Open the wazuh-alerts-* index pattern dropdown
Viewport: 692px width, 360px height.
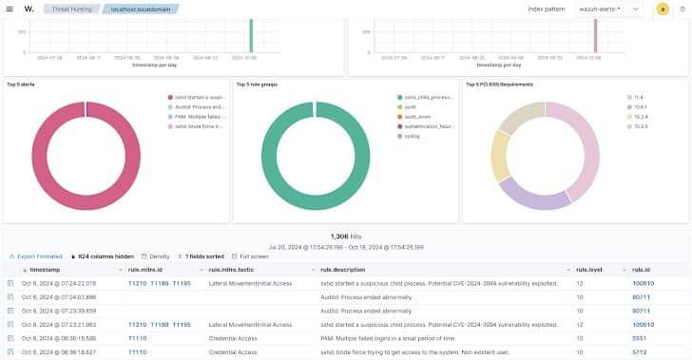[608, 9]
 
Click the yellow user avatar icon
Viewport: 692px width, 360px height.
[663, 9]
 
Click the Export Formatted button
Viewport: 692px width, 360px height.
[35, 256]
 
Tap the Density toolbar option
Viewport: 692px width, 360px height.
[157, 256]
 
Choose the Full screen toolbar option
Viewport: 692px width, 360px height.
[255, 256]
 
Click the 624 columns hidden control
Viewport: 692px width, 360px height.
[105, 256]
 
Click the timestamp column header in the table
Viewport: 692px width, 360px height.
[45, 270]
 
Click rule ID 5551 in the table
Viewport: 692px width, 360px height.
[640, 337]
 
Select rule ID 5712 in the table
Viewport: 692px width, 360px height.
[640, 351]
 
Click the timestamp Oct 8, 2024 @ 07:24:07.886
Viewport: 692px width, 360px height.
[59, 296]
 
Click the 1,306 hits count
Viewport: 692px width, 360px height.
[345, 236]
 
